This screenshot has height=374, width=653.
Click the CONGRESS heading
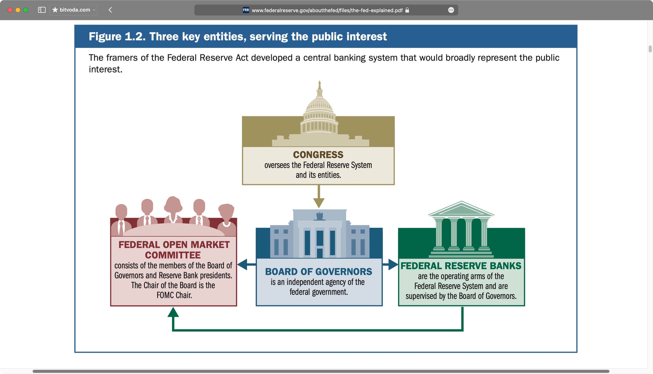coord(318,154)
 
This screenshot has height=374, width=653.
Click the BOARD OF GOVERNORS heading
coord(319,272)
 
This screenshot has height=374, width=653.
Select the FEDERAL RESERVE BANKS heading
coord(461,266)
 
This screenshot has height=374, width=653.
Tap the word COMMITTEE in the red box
coord(173,255)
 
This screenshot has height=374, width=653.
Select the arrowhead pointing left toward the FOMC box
coord(243,264)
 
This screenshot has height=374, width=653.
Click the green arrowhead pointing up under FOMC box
coord(173,312)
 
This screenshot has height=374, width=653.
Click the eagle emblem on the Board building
coord(320,216)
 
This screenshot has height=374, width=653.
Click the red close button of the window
coord(10,10)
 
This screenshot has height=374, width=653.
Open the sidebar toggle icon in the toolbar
coord(42,10)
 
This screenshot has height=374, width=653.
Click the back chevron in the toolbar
coord(110,10)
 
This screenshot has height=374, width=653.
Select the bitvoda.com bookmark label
coord(75,10)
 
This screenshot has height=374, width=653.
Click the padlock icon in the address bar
coord(407,10)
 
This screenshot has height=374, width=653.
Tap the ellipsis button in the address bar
coord(451,10)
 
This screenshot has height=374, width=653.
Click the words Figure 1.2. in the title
coord(117,37)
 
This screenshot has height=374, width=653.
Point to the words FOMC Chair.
coord(174,295)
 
